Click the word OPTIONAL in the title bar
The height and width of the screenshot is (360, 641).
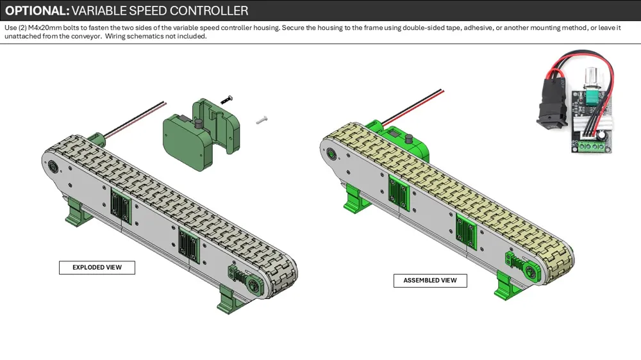(35, 11)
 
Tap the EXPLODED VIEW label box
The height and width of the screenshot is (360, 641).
(97, 267)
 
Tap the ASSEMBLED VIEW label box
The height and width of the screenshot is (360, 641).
(430, 281)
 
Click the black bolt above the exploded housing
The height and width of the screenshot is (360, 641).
(226, 99)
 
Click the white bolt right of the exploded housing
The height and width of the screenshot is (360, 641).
(261, 119)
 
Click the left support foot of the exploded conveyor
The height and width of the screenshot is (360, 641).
(76, 212)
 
